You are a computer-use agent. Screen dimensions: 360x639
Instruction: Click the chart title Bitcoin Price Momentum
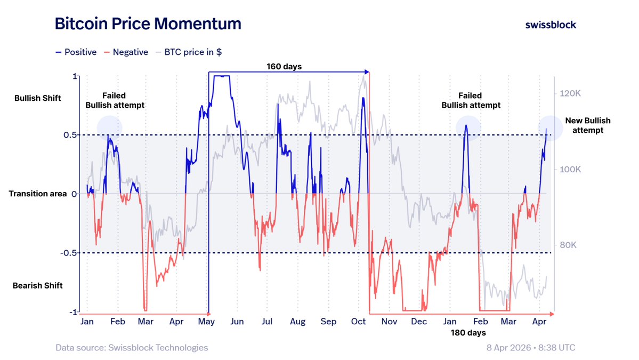[148, 24]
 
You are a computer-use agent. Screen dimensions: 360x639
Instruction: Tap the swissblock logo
[551, 25]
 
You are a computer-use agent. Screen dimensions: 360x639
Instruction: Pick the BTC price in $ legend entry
[189, 52]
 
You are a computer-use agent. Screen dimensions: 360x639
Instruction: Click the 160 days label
[284, 67]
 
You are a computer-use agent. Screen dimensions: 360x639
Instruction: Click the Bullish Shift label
[38, 98]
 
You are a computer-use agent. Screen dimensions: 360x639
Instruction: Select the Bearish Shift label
[38, 286]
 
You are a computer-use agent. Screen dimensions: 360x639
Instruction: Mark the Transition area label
[38, 194]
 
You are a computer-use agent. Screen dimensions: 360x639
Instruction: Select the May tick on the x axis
[206, 322]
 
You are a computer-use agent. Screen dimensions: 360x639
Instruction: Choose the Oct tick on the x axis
[359, 322]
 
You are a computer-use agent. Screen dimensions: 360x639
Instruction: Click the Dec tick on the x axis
[419, 322]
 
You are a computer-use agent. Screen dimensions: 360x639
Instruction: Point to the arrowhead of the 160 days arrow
[367, 71]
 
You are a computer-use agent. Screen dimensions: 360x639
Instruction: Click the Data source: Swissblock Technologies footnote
[132, 348]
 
